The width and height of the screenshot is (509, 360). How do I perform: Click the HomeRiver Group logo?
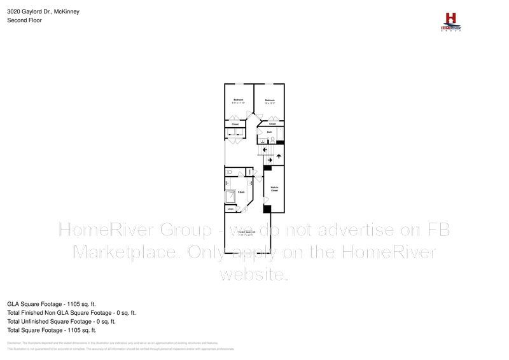coord(450,21)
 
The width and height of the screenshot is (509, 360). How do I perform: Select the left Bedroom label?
coord(238,100)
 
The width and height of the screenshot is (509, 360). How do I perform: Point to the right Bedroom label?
coord(270,100)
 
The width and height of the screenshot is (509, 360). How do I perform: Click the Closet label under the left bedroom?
coord(234,123)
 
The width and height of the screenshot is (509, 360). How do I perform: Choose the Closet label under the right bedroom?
coord(272,123)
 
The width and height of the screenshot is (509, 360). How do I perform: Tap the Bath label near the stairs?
coord(270,132)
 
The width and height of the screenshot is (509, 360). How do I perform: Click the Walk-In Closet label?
coord(275,188)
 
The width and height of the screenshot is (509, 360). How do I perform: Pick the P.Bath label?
coord(242,191)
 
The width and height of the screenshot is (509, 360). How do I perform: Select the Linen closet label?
coord(230,209)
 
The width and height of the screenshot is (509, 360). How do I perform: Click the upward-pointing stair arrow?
coord(279,156)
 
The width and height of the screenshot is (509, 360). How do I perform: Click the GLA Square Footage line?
coord(52,304)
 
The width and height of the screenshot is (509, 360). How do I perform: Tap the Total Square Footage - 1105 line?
coord(52,330)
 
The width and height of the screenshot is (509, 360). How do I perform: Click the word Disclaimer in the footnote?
coord(14,342)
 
